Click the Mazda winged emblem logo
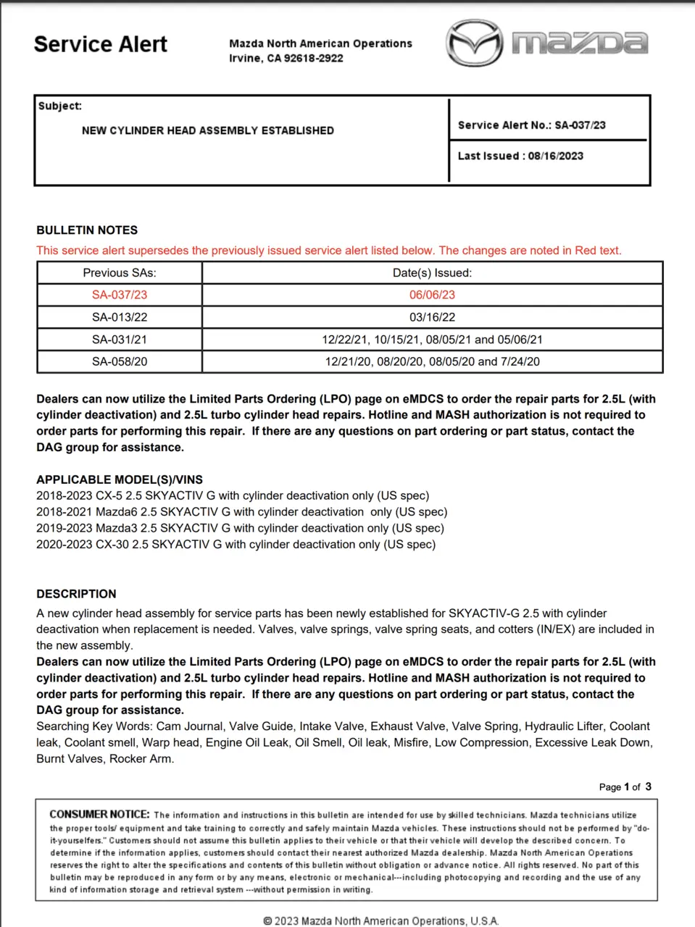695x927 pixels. click(x=474, y=43)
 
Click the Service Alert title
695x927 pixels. click(x=100, y=44)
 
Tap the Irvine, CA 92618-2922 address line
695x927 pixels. click(x=286, y=58)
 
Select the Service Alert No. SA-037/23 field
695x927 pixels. click(x=531, y=125)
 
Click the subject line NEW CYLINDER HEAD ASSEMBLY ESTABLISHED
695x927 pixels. click(x=208, y=130)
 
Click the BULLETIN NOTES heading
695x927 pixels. click(x=87, y=230)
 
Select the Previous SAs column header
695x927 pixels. click(x=120, y=273)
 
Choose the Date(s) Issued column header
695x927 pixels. click(x=432, y=273)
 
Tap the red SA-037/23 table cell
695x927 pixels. click(x=120, y=295)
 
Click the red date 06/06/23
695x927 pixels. click(x=432, y=295)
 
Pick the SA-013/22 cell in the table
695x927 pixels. click(x=120, y=317)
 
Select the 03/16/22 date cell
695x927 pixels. click(x=432, y=317)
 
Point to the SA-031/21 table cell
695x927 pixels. click(x=120, y=340)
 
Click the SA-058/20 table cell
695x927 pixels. click(x=120, y=361)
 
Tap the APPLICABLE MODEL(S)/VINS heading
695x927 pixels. click(x=120, y=479)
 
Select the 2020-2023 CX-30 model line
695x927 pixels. click(x=236, y=545)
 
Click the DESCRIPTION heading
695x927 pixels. click(x=76, y=594)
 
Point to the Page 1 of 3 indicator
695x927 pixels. click(x=625, y=787)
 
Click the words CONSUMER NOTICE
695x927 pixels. click(x=99, y=814)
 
